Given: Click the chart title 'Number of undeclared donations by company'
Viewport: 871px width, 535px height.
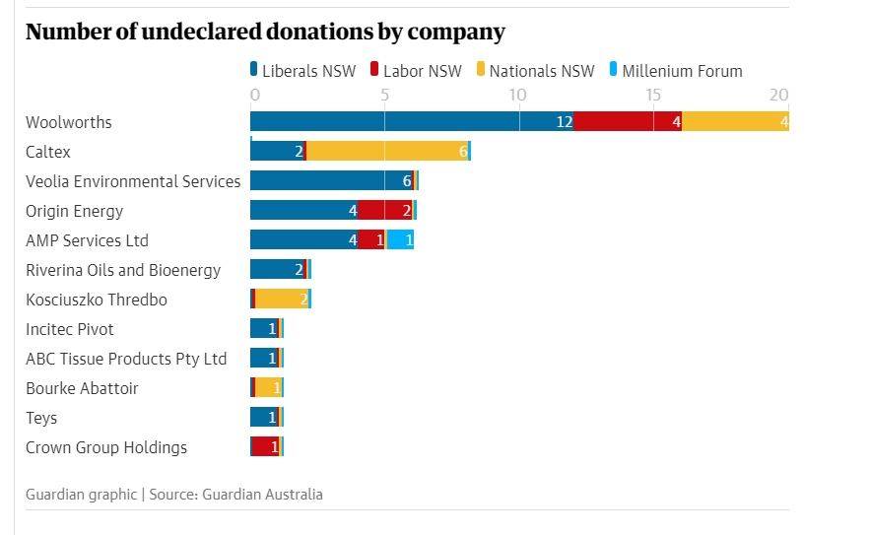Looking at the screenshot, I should click(x=265, y=32).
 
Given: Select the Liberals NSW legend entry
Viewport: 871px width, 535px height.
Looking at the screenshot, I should click(x=302, y=71).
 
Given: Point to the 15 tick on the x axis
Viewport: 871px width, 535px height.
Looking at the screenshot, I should click(x=652, y=96).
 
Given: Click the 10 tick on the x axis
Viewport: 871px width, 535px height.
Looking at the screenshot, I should click(x=516, y=96).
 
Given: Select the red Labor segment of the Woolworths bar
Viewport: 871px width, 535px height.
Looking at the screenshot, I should click(x=628, y=122).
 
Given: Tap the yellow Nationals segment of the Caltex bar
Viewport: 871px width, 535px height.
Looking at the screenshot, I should click(x=387, y=152).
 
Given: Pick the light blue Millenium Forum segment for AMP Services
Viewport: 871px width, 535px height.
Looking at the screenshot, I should click(x=400, y=240).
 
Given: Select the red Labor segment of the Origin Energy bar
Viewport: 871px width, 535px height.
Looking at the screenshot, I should click(x=384, y=211).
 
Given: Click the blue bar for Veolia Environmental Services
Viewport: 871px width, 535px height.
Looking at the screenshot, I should click(x=331, y=181).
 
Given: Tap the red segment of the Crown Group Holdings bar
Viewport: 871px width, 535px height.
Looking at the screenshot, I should click(x=266, y=447).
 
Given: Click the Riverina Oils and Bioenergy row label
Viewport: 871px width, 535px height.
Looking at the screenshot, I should click(x=123, y=270).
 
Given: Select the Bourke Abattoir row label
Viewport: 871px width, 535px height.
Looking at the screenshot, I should click(x=82, y=388).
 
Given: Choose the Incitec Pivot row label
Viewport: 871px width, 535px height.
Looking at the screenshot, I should click(x=70, y=329).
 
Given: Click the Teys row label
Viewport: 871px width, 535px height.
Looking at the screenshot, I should click(x=41, y=418).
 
